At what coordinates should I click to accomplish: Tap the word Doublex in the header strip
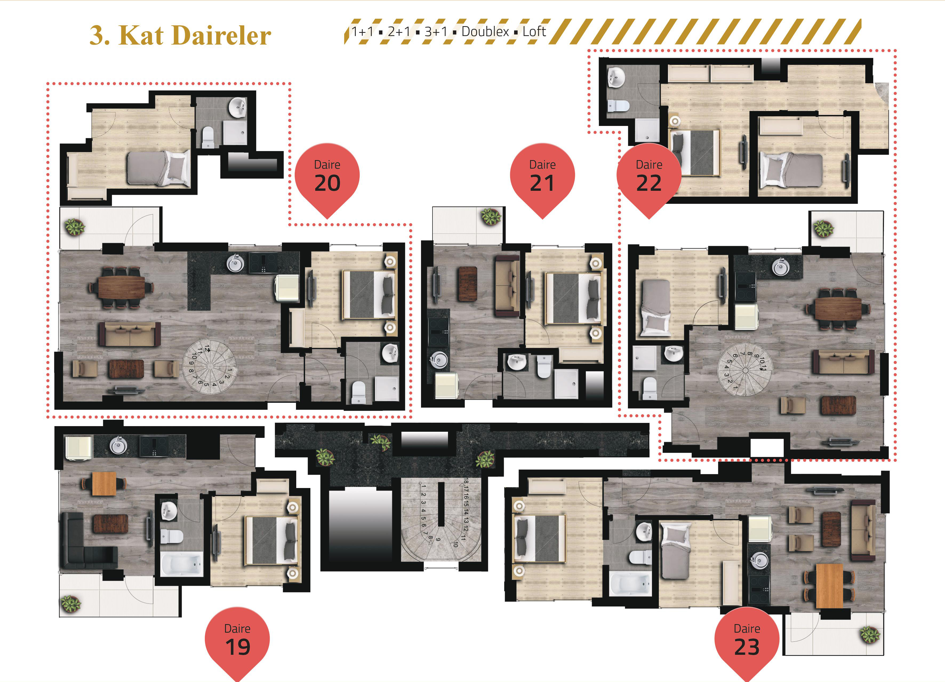tap(485, 32)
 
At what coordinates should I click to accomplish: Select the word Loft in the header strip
tap(534, 32)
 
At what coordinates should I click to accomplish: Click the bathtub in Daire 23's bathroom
tap(630, 584)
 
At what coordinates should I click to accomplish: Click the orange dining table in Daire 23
tap(830, 586)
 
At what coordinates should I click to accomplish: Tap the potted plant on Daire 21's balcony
tap(491, 216)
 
